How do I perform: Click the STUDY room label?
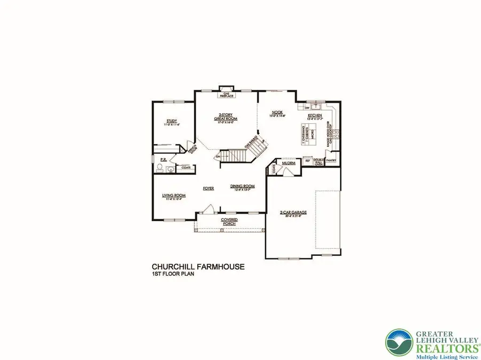click(x=171, y=121)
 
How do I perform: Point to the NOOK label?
click(x=277, y=112)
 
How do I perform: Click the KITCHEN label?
click(x=314, y=116)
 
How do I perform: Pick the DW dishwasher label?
click(x=306, y=107)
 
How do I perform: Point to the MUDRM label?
click(x=289, y=163)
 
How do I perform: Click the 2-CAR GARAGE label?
click(x=293, y=212)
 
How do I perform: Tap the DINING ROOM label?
click(x=242, y=186)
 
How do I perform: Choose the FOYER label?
click(x=208, y=189)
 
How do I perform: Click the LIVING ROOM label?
click(x=174, y=195)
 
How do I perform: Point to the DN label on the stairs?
click(x=219, y=156)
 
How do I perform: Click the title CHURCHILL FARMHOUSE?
click(x=198, y=266)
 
